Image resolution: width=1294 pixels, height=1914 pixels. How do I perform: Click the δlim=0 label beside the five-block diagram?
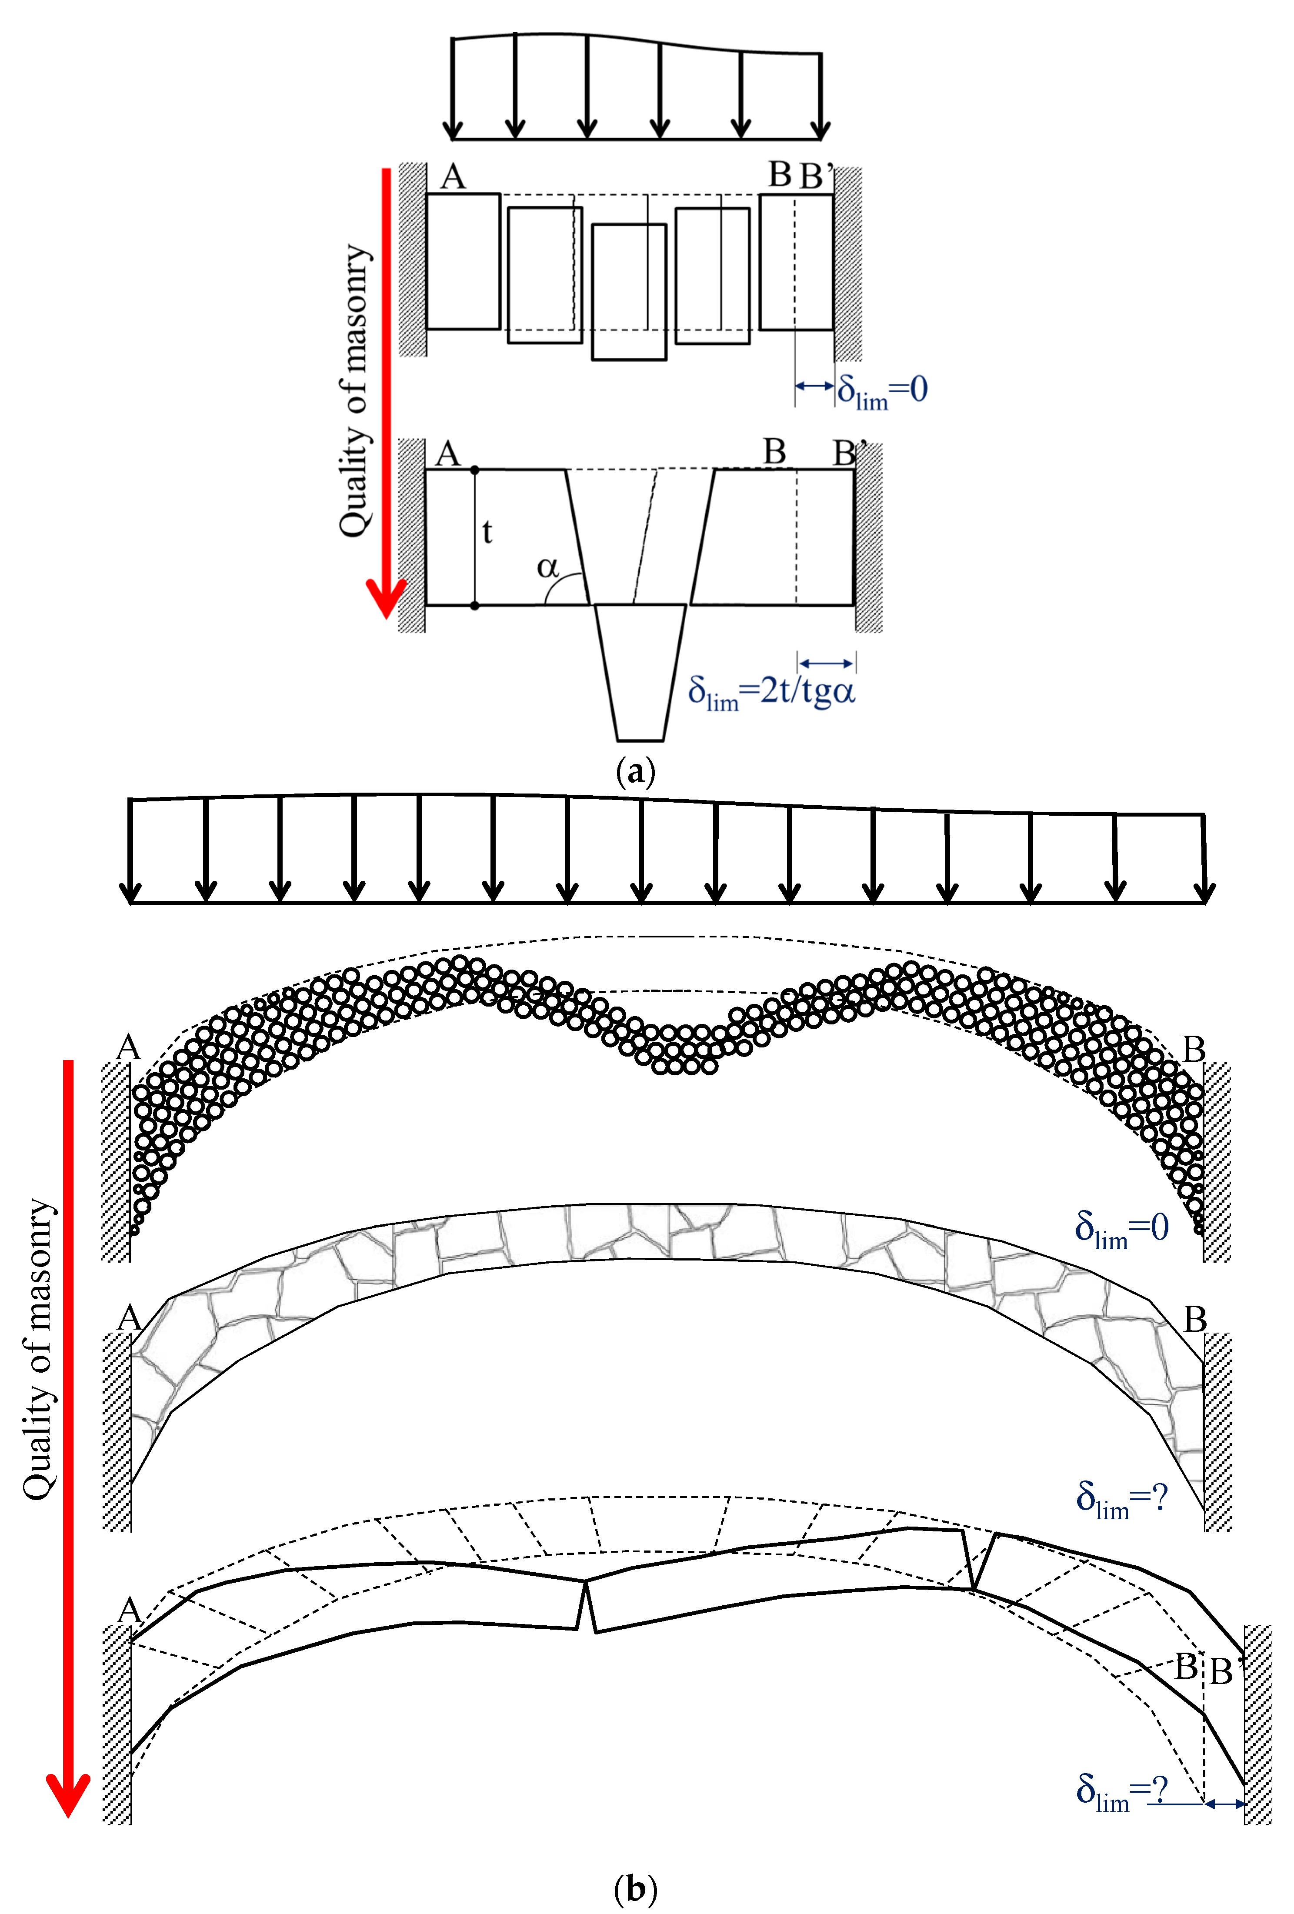point(882,390)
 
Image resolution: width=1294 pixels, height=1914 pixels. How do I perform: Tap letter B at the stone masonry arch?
point(1194,1319)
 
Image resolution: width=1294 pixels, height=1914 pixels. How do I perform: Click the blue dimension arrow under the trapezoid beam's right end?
point(826,663)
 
